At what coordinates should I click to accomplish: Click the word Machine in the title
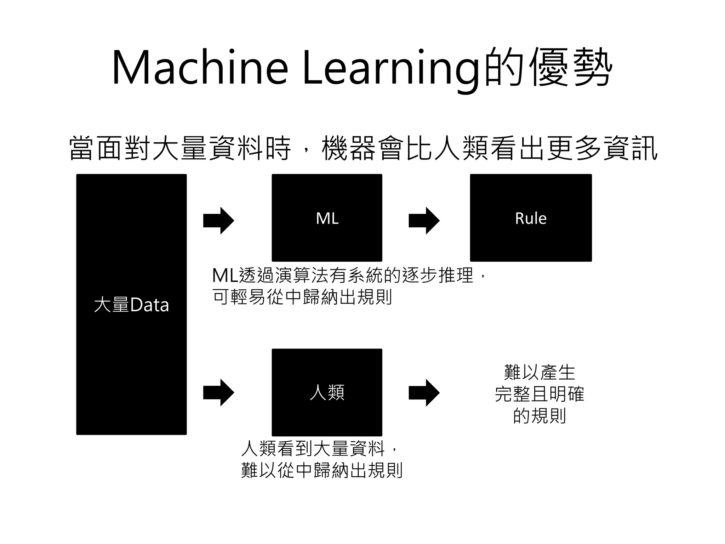[x=200, y=67]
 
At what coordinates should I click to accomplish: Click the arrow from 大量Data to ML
[x=218, y=221]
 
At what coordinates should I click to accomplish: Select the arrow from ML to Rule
[x=424, y=221]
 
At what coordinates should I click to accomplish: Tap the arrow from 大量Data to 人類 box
[x=218, y=392]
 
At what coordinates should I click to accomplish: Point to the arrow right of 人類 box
[x=424, y=392]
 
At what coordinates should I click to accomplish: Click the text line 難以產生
[x=540, y=372]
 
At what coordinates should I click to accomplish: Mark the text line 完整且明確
[x=540, y=394]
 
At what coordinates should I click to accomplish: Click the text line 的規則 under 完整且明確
[x=540, y=415]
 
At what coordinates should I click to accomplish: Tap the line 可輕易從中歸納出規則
[x=302, y=297]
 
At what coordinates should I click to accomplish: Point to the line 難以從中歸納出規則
[x=322, y=470]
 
